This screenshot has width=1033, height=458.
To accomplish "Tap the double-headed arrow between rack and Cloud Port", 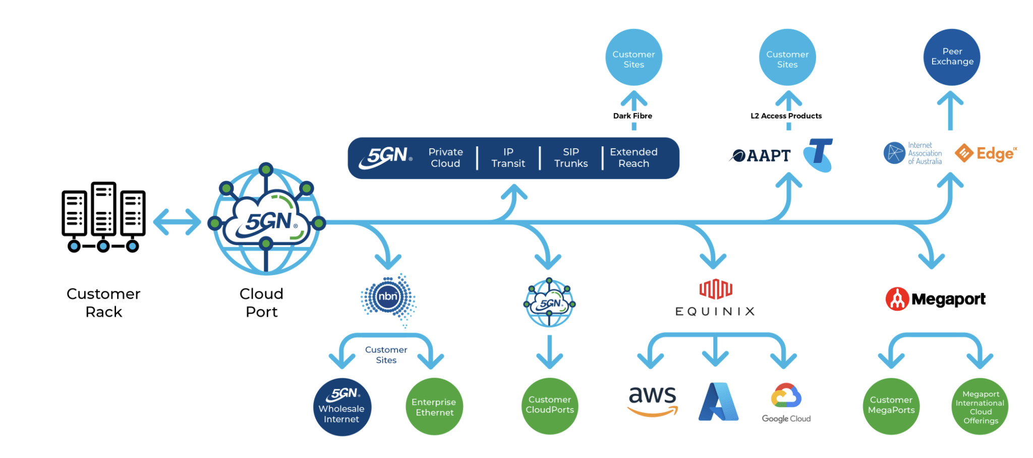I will (177, 222).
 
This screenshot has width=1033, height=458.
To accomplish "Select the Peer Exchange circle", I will (952, 57).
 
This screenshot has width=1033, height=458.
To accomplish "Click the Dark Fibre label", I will (633, 116).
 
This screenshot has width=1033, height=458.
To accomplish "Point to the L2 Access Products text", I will (786, 116).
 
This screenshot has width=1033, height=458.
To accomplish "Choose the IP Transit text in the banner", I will (508, 158).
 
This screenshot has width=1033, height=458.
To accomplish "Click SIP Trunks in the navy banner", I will (571, 158).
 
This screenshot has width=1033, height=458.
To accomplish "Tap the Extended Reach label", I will (634, 158).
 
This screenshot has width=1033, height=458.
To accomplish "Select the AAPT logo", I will (760, 155).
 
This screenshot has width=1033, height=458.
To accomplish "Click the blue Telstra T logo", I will (819, 155).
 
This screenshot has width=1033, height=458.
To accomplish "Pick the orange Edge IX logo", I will (986, 153).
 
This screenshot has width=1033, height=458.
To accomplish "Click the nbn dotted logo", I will (388, 298).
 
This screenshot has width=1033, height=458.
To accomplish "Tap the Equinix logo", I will (715, 298).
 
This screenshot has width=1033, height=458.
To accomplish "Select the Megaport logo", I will (936, 299).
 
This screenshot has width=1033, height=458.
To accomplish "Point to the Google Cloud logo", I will (786, 403).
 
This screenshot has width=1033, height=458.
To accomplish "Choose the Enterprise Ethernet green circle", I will (434, 407).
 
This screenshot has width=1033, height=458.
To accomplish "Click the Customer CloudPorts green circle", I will (550, 406).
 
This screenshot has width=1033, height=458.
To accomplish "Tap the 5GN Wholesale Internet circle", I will (342, 407).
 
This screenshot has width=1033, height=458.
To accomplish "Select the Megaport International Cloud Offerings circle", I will (980, 407).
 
